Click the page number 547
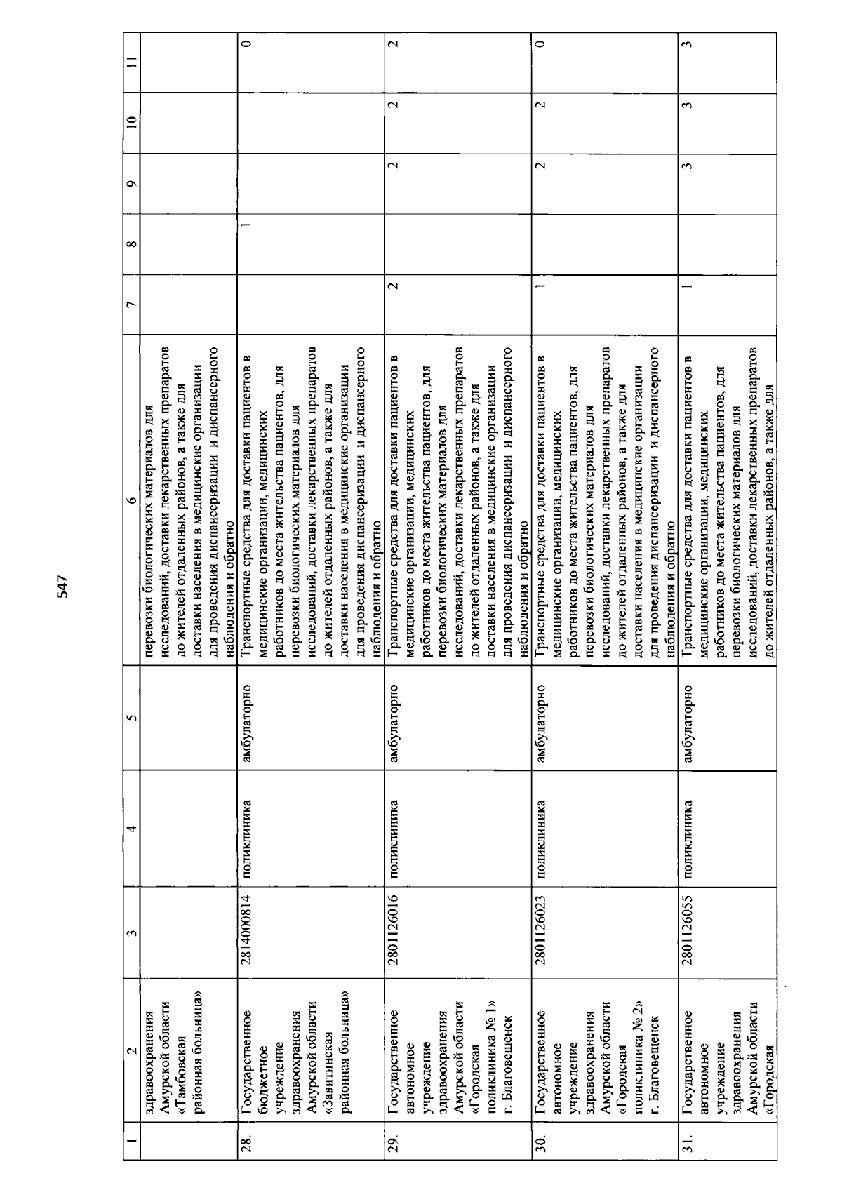62,587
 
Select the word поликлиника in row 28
246,834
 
